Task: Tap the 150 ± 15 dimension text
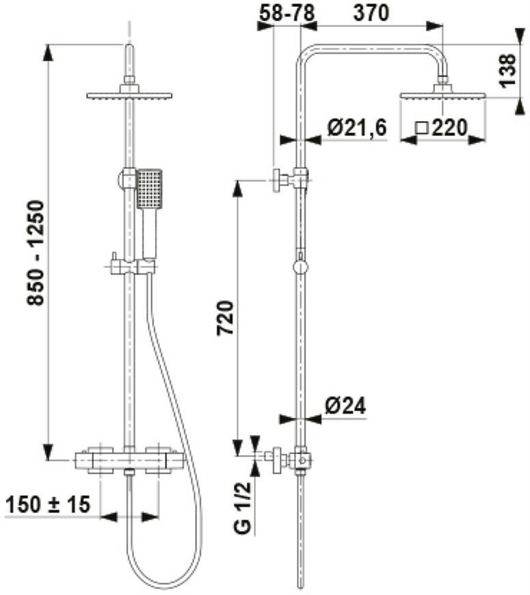tap(48, 505)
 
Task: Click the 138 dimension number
tap(507, 70)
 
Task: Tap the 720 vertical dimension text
tap(225, 317)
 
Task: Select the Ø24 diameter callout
tap(345, 406)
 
